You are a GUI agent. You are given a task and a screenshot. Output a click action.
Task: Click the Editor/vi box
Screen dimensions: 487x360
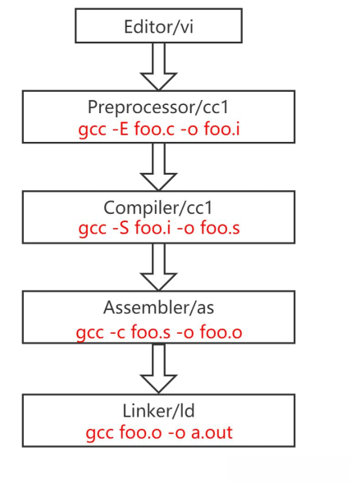pyautogui.click(x=159, y=26)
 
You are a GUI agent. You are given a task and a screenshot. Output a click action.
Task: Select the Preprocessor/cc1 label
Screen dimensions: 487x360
pyautogui.click(x=159, y=107)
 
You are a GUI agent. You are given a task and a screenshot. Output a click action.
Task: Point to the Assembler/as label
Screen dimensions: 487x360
pyautogui.click(x=159, y=307)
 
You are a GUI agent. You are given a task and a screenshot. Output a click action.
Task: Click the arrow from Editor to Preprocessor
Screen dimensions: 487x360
pyautogui.click(x=159, y=66)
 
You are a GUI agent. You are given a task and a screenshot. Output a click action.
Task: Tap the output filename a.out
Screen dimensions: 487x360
pyautogui.click(x=212, y=431)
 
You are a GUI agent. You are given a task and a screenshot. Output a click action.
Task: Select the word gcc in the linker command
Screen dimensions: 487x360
pyautogui.click(x=99, y=432)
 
